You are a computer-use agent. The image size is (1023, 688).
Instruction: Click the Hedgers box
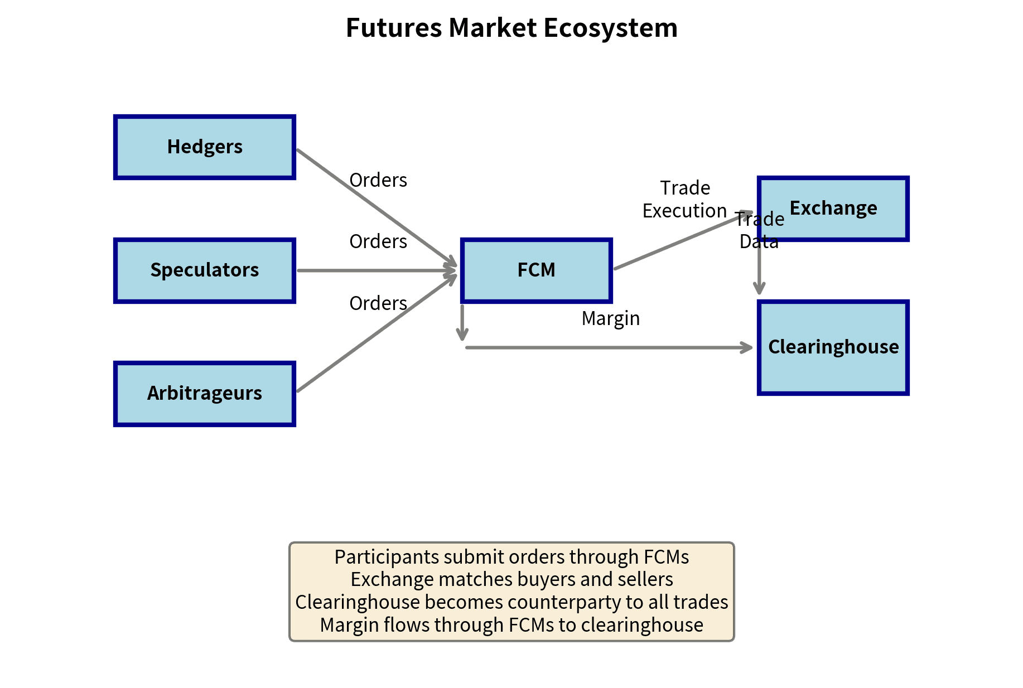[x=205, y=147]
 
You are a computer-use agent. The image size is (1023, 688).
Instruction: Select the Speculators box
[x=205, y=270]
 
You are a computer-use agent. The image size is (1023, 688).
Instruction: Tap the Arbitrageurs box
[x=205, y=394]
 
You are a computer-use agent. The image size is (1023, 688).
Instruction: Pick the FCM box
[x=536, y=270]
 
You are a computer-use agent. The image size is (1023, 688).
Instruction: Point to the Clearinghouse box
[x=833, y=347]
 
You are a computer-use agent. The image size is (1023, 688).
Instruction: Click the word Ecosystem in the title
[x=610, y=28]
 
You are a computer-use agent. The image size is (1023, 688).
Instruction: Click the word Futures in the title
[x=394, y=28]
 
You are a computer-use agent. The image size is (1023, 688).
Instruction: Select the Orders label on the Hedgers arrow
[x=378, y=180]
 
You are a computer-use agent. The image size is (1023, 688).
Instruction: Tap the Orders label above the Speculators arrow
[x=378, y=241]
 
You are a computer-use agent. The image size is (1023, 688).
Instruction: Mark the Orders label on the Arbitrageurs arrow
[x=378, y=303]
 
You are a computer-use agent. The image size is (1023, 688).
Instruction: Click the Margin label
[x=610, y=318]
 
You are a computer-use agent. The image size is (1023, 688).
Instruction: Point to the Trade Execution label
[x=685, y=200]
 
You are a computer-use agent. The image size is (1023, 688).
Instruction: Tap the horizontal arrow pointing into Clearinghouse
[x=608, y=347]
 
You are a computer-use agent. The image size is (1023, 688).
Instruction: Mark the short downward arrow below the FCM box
[x=462, y=322]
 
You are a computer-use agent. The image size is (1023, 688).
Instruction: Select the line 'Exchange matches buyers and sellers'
[x=512, y=579]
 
